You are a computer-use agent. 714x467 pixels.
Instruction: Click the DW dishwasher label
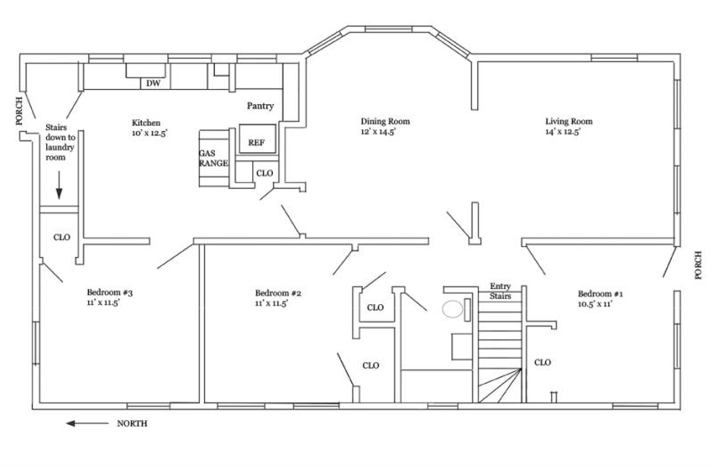tap(153, 83)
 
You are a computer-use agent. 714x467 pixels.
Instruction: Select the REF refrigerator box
tap(257, 139)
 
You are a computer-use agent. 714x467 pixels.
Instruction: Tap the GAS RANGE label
tap(213, 158)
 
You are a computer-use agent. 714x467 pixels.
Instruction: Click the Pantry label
tap(260, 106)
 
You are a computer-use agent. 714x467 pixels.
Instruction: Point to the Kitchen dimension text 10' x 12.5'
tap(150, 133)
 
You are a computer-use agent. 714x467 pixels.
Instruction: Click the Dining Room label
tap(385, 121)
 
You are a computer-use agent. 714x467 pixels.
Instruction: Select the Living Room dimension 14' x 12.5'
tap(563, 132)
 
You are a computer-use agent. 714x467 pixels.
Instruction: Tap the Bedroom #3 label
tap(109, 292)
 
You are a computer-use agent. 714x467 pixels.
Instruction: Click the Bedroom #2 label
tap(278, 293)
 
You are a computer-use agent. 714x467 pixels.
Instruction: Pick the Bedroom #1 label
tap(600, 294)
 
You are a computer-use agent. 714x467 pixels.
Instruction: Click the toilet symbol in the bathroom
tap(453, 309)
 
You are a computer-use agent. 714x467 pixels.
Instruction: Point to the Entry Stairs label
tap(500, 291)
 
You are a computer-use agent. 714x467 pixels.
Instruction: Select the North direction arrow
tap(87, 423)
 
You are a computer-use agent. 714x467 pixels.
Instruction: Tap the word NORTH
tap(132, 424)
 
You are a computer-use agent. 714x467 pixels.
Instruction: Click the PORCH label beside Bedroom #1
tap(698, 265)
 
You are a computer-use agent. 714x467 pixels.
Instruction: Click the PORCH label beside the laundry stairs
tap(20, 111)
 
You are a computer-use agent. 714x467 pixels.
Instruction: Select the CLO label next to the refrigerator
tap(265, 173)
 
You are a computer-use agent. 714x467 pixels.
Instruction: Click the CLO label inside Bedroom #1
tap(542, 363)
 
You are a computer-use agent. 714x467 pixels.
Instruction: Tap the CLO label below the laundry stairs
tap(62, 238)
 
